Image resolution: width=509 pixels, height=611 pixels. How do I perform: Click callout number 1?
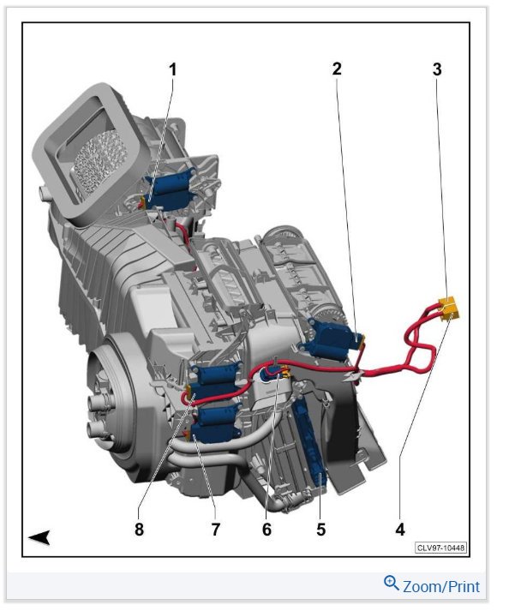coord(172,69)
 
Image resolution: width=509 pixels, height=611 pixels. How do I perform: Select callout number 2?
coord(337,69)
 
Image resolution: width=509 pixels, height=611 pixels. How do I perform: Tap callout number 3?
coord(437,69)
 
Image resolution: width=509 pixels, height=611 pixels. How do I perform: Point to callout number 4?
coord(400,530)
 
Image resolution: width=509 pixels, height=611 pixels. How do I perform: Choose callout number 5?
coord(320,530)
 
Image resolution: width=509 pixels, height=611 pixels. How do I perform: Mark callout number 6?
coord(266,530)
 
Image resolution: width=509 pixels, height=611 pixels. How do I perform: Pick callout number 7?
coord(216,530)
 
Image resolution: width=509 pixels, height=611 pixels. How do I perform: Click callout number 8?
coord(139,530)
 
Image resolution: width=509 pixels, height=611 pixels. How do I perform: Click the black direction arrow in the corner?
coord(39,537)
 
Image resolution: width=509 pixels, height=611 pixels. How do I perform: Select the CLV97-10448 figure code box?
coord(440,548)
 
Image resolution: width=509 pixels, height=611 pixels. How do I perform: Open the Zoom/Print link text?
coord(441,586)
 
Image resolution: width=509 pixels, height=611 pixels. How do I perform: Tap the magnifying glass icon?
coord(392,583)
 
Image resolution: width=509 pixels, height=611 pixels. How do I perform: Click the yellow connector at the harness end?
coord(449,308)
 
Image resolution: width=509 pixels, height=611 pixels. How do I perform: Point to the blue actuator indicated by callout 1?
coord(169,189)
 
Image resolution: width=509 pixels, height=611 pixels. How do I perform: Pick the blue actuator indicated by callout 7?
coord(215,425)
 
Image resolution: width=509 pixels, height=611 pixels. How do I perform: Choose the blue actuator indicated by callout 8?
coord(215,384)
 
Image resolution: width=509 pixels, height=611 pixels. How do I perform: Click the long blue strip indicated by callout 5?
coord(310,442)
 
